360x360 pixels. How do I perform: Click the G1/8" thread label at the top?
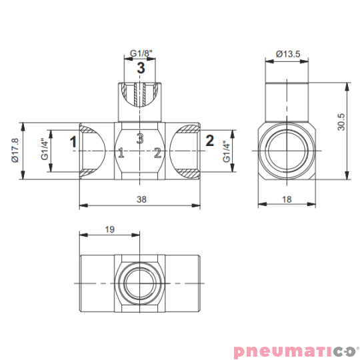point(140,53)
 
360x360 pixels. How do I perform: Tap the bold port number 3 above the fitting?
point(141,68)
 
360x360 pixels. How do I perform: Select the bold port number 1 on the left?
point(73,141)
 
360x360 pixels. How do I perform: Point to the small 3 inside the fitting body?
point(140,139)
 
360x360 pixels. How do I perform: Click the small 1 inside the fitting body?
point(121,153)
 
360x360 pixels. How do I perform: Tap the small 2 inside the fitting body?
point(157,153)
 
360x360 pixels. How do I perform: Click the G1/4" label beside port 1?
point(44,150)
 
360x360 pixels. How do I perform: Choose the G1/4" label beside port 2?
point(226,151)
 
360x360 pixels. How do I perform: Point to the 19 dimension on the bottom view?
point(111,229)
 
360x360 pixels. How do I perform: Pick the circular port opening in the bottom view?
point(139,283)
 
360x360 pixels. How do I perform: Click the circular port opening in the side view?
point(287,151)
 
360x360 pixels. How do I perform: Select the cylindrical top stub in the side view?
point(287,100)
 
